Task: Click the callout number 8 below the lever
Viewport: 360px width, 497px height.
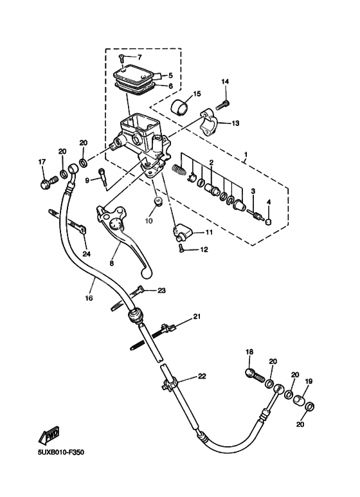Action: click(x=111, y=263)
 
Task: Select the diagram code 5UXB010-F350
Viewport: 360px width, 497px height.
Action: click(x=57, y=452)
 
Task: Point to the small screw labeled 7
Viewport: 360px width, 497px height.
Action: click(x=121, y=60)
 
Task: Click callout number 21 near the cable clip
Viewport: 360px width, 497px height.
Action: click(x=197, y=316)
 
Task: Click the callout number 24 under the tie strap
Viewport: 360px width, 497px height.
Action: click(x=86, y=254)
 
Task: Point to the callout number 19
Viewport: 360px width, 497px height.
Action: click(x=308, y=382)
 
